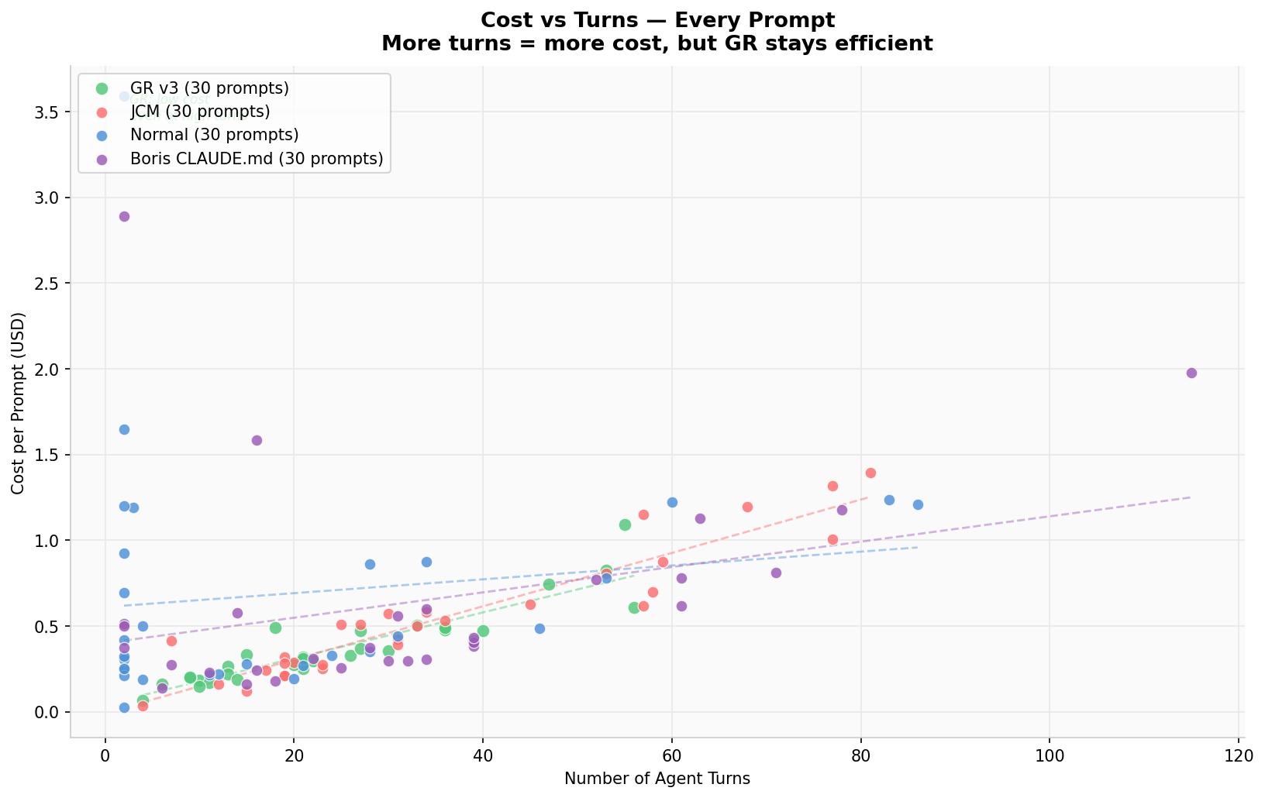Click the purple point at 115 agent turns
[x=1191, y=373]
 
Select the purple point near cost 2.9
[x=124, y=216]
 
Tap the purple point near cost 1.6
[x=257, y=440]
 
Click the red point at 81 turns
[x=870, y=473]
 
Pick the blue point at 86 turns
[x=918, y=504]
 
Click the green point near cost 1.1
[x=625, y=525]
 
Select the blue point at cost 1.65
[x=124, y=429]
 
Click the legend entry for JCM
[x=200, y=112]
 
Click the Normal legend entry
[x=215, y=135]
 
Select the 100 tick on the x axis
[x=1050, y=756]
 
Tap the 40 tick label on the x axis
[x=483, y=756]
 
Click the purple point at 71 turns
[x=776, y=573]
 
